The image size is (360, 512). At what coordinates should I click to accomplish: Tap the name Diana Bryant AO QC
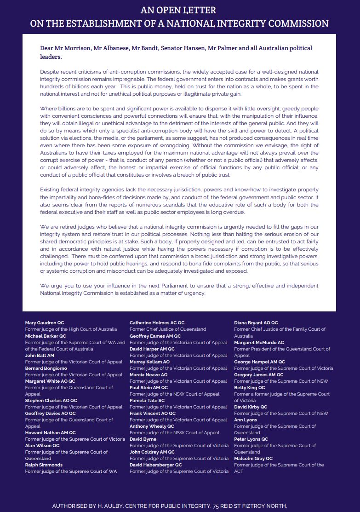pyautogui.click(x=256, y=323)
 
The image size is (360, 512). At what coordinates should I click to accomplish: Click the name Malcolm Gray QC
pyautogui.click(x=253, y=459)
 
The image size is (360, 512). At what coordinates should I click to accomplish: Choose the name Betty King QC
pyautogui.click(x=249, y=388)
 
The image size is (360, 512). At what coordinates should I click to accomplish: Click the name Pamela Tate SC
pyautogui.click(x=147, y=401)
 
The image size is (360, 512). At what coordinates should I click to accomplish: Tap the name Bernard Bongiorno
pyautogui.click(x=46, y=368)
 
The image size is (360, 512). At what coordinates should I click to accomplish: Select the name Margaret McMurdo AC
pyautogui.click(x=259, y=343)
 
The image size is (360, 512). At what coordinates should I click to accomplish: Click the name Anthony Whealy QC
pyautogui.click(x=152, y=426)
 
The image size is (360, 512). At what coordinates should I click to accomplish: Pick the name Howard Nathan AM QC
pyautogui.click(x=50, y=433)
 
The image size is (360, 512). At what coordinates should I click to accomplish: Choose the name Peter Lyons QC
pyautogui.click(x=251, y=439)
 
